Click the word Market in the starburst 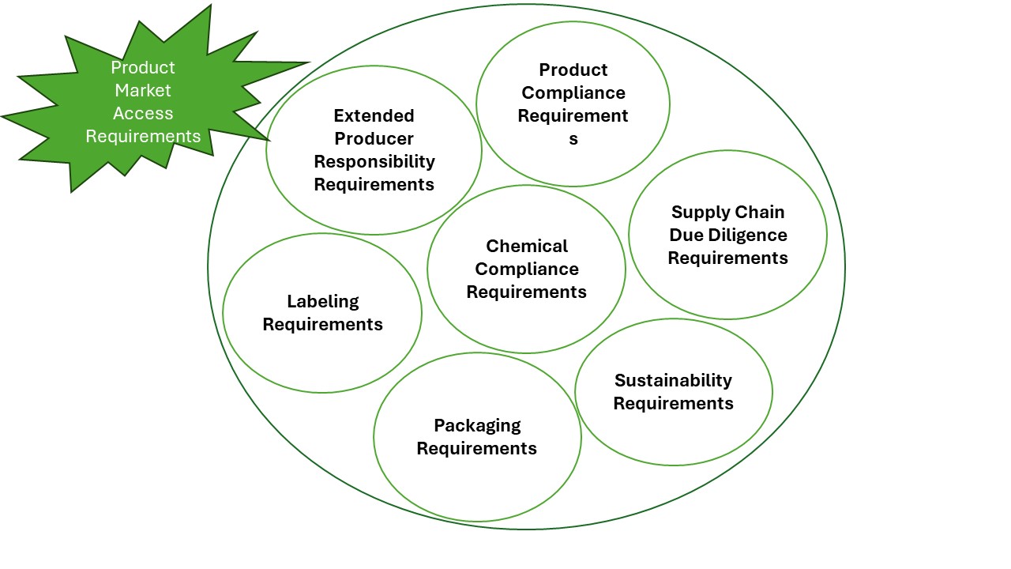(143, 90)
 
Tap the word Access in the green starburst (143, 113)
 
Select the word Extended (374, 115)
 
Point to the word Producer (374, 138)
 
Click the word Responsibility (374, 161)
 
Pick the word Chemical (527, 246)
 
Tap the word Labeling (322, 301)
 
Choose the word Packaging (477, 425)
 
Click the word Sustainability (673, 380)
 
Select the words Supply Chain (727, 212)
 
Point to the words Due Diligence (727, 235)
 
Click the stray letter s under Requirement (573, 138)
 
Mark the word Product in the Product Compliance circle (573, 70)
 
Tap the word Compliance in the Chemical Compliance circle (527, 269)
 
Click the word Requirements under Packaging (477, 448)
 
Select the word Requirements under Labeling (322, 324)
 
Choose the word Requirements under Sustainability (673, 403)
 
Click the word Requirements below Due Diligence (727, 258)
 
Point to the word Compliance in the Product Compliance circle (573, 92)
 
